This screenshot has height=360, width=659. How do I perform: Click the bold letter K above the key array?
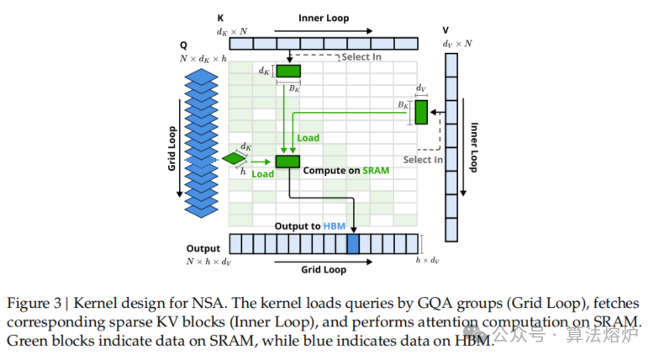(x=220, y=17)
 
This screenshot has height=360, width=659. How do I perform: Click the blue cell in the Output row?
(x=353, y=245)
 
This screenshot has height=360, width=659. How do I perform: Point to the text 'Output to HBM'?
(x=310, y=226)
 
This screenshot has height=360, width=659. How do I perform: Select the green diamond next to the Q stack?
(x=233, y=157)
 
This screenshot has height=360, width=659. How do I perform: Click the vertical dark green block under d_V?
(x=421, y=111)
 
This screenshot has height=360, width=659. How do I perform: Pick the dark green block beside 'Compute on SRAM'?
(x=287, y=161)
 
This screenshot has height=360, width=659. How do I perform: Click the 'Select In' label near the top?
(x=361, y=57)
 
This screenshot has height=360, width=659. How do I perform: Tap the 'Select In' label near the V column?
(x=423, y=160)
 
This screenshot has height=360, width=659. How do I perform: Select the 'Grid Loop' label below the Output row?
(x=324, y=271)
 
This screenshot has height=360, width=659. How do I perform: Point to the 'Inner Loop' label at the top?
(x=323, y=17)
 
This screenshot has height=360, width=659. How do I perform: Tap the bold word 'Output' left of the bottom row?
(x=203, y=249)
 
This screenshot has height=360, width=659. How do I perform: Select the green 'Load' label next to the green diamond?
(x=262, y=174)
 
